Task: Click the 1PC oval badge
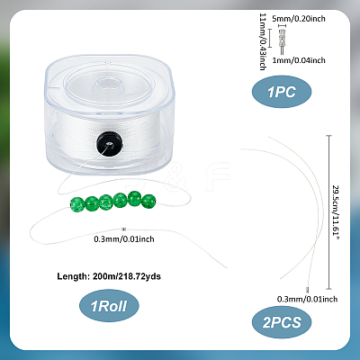tap(282, 92)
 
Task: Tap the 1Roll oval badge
tap(109, 306)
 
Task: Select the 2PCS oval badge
tap(282, 322)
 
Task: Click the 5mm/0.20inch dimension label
tap(299, 19)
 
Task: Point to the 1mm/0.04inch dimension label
tap(299, 60)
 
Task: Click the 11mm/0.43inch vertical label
tap(263, 41)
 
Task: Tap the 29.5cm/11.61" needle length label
tap(336, 212)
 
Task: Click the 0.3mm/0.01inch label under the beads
tap(124, 239)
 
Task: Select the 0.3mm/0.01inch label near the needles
tap(307, 299)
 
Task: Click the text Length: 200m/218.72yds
tap(109, 276)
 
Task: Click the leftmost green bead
tap(77, 204)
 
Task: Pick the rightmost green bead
tap(148, 202)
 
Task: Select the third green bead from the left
tap(106, 202)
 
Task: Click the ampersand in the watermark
tap(179, 177)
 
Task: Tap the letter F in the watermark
tap(218, 176)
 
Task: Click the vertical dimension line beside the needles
tap(329, 212)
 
